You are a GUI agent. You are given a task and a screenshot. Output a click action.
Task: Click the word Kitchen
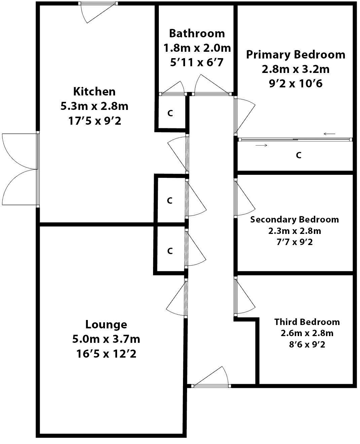tap(94, 91)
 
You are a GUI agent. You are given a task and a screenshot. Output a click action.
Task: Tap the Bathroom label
tap(197, 33)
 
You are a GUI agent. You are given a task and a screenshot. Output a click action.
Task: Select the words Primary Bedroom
tap(295, 54)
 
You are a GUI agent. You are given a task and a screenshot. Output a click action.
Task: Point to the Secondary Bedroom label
tap(294, 219)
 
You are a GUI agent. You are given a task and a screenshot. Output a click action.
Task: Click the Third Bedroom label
tap(307, 322)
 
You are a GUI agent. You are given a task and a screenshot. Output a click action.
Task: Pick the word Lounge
tap(106, 325)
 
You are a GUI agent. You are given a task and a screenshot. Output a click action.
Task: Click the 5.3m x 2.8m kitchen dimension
tap(94, 106)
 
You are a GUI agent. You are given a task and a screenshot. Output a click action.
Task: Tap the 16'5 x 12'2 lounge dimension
tap(106, 354)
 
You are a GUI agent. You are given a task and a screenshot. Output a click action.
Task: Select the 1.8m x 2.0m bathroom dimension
tap(197, 48)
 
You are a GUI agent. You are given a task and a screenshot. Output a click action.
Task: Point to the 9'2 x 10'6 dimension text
tap(295, 83)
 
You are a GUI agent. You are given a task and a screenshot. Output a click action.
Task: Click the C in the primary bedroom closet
tap(298, 155)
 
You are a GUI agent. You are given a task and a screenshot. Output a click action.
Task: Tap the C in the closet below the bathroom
tap(170, 114)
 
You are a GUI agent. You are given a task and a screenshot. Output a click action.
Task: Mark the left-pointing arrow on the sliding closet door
tap(330, 134)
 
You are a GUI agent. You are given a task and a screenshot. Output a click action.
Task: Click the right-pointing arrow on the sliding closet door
tap(262, 145)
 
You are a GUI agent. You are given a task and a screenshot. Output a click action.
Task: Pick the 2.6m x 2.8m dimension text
tap(307, 333)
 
